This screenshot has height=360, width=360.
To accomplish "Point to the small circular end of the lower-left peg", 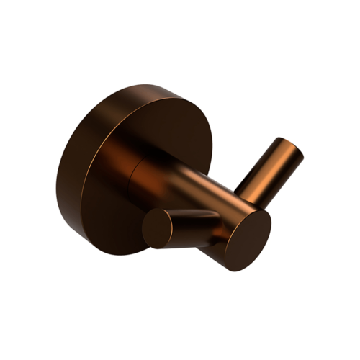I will click(x=156, y=230).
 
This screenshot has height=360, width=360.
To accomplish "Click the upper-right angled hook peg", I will click(x=270, y=169).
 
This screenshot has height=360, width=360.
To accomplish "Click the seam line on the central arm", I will click(x=137, y=173).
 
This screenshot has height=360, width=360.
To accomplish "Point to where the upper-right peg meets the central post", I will click(x=241, y=197).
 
